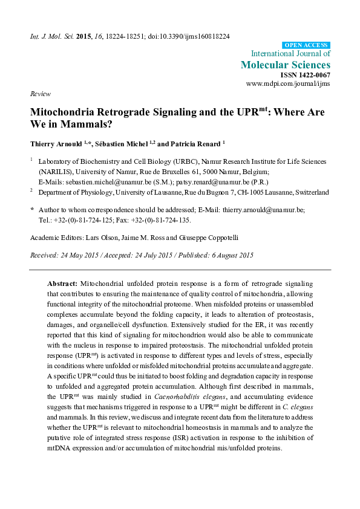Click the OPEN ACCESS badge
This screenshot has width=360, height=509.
pyautogui.click(x=306, y=45)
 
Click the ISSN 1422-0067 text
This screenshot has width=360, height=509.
pyautogui.click(x=306, y=74)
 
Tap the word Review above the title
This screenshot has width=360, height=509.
pyautogui.click(x=39, y=95)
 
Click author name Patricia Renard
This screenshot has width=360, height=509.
pyautogui.click(x=197, y=143)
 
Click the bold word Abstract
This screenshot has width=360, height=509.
pyautogui.click(x=62, y=283)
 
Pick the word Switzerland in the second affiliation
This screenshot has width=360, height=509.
pyautogui.click(x=310, y=192)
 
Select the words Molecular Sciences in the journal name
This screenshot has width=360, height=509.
pyautogui.click(x=286, y=64)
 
